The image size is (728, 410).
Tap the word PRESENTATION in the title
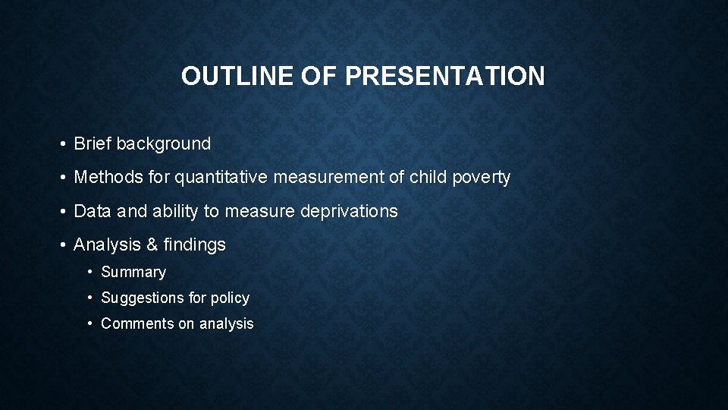tap(444, 76)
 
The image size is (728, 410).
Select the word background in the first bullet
tap(163, 143)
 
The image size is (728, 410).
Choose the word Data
tap(92, 211)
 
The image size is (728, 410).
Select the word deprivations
tap(349, 211)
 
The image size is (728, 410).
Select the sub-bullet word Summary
tap(133, 272)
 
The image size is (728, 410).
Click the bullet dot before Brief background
tap(63, 144)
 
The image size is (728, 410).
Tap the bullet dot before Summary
tap(90, 272)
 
